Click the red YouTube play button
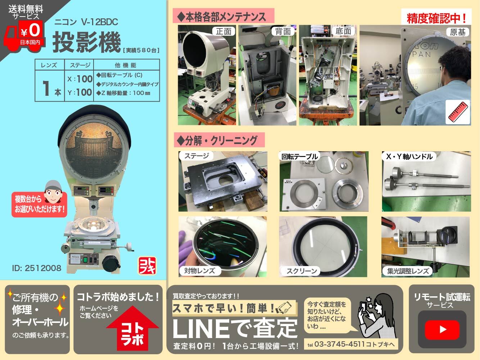(x=443, y=329)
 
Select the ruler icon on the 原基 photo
(x=458, y=112)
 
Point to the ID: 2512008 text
(x=37, y=268)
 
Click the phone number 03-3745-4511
(x=339, y=344)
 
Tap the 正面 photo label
(x=223, y=31)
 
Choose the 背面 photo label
(x=283, y=31)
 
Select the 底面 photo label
(x=343, y=31)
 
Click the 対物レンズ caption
(x=199, y=271)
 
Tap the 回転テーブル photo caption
(x=299, y=157)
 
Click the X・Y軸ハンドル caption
(x=409, y=157)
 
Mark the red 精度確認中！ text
(x=436, y=18)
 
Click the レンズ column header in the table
(x=49, y=65)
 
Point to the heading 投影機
(x=86, y=42)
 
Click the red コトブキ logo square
(x=147, y=265)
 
